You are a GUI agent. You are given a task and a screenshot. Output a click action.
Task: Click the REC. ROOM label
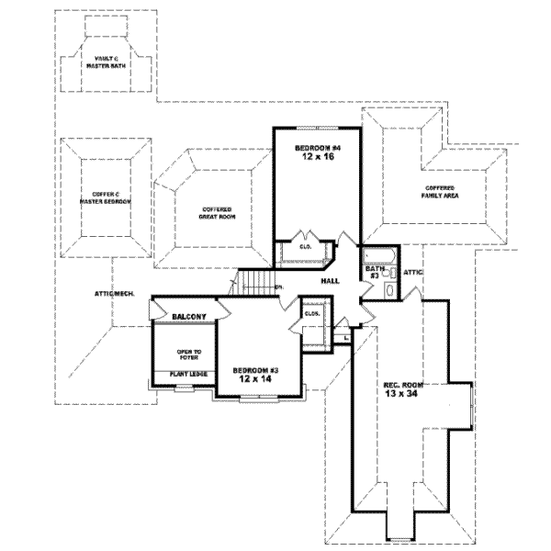(400, 384)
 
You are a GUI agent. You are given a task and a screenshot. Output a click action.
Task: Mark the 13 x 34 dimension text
(400, 394)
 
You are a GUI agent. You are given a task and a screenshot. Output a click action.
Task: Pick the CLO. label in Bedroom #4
(305, 247)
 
